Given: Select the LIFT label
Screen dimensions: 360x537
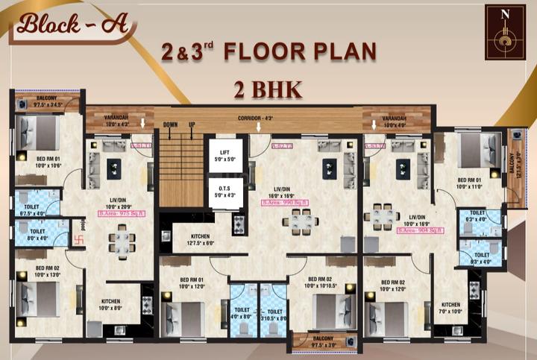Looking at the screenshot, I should pos(224,154).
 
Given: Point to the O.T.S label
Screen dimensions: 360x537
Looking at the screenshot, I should pos(224,192).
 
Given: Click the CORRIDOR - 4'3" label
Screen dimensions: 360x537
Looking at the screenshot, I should pos(262,119).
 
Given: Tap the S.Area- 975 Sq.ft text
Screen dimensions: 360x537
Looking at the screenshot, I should pos(121,213).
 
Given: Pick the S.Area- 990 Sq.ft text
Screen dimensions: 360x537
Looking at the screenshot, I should pos(286,203).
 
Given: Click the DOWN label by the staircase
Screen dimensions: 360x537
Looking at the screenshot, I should pos(170,124).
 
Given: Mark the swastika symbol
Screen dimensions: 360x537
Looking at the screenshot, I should pos(72,240).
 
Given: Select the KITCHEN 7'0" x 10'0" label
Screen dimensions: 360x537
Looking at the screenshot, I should pos(450,308).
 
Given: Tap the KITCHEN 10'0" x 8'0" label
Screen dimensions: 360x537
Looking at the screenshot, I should pos(110,305).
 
